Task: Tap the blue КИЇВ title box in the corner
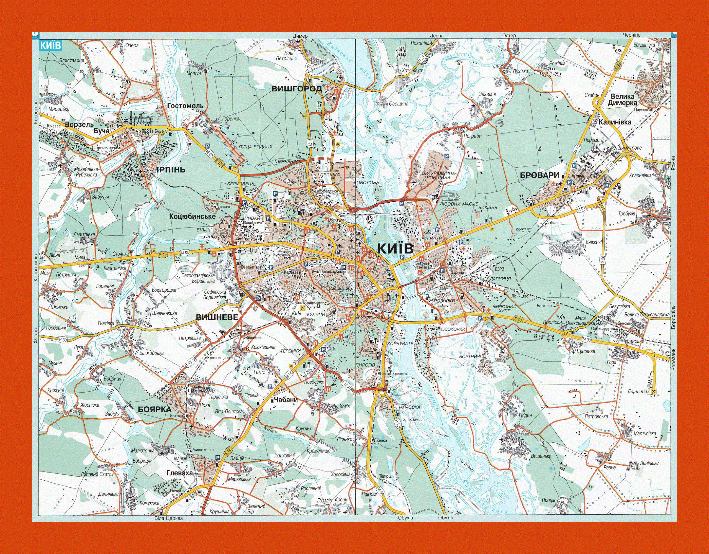(x=50, y=45)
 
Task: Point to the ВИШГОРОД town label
(x=297, y=89)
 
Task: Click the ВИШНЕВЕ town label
(x=217, y=317)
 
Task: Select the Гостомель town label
(x=185, y=106)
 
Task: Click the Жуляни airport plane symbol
(x=303, y=307)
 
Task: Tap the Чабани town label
(x=286, y=400)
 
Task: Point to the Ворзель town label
(x=79, y=124)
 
